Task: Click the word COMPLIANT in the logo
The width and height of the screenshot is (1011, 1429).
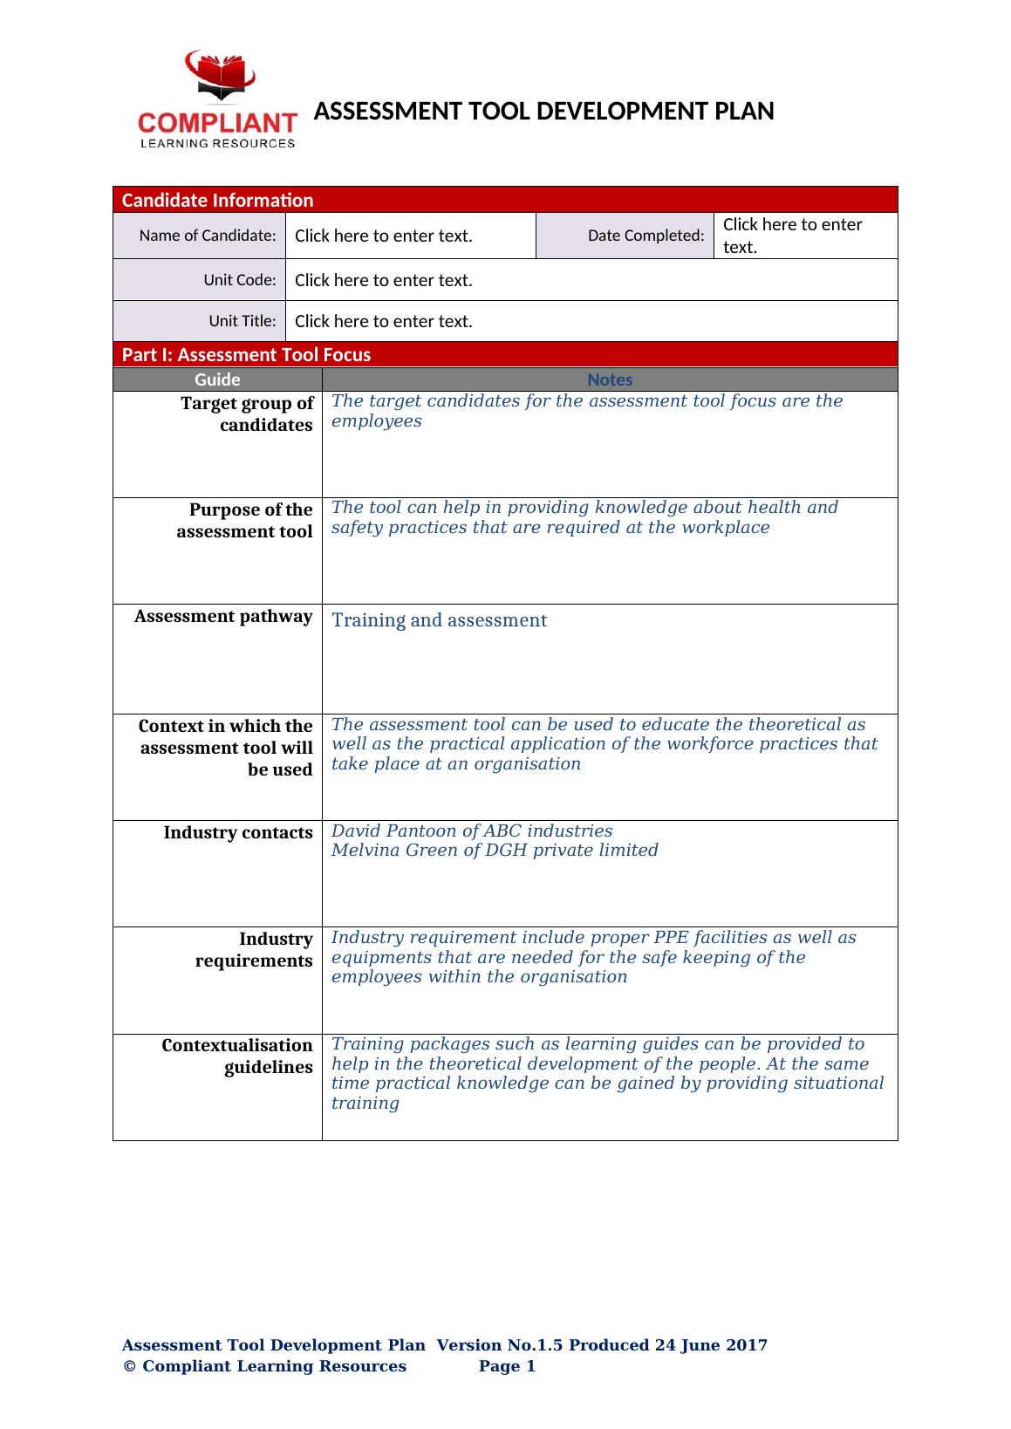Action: pyautogui.click(x=218, y=123)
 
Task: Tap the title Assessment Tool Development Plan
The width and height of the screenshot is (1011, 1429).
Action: pyautogui.click(x=543, y=112)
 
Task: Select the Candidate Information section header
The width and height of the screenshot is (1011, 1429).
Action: pyautogui.click(x=217, y=200)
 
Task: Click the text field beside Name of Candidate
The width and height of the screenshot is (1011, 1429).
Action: pyautogui.click(x=410, y=236)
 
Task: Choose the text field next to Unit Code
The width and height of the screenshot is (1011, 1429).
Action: pyautogui.click(x=591, y=280)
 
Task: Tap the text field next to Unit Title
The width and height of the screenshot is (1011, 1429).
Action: pyautogui.click(x=591, y=321)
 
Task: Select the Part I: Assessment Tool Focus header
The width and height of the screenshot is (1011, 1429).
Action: pyautogui.click(x=246, y=354)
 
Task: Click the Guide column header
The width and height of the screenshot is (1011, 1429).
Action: pyautogui.click(x=217, y=379)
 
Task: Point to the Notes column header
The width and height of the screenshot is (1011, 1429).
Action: pyautogui.click(x=610, y=379)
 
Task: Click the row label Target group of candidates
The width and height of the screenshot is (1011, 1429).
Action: pyautogui.click(x=246, y=414)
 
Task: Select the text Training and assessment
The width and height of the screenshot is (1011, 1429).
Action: pyautogui.click(x=439, y=620)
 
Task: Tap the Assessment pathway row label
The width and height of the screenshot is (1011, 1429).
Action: pyautogui.click(x=223, y=617)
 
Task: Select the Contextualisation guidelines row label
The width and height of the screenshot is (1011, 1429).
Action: pyautogui.click(x=237, y=1056)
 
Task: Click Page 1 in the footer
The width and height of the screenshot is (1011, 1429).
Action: pyautogui.click(x=507, y=1366)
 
